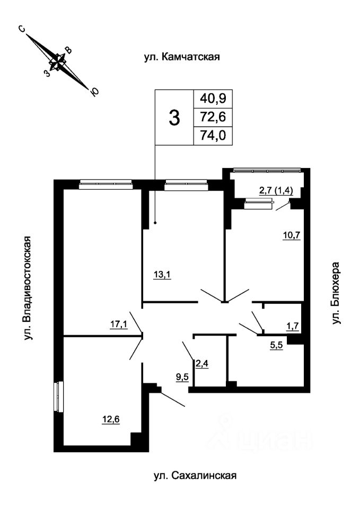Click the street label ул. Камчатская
pyautogui.click(x=182, y=57)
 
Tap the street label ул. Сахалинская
pyautogui.click(x=195, y=476)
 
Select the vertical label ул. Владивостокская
pyautogui.click(x=28, y=288)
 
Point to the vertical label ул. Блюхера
pyautogui.click(x=336, y=293)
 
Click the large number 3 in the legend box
pyautogui.click(x=174, y=118)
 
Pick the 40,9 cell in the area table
pyautogui.click(x=213, y=98)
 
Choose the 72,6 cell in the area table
pyautogui.click(x=213, y=117)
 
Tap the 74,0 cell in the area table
pyautogui.click(x=213, y=135)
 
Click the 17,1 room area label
pyautogui.click(x=118, y=324)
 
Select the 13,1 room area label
pyautogui.click(x=162, y=275)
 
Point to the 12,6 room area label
pyautogui.click(x=111, y=419)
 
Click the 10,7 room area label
pyautogui.click(x=292, y=235)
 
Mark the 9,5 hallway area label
pyautogui.click(x=182, y=378)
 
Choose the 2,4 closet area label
pyautogui.click(x=201, y=364)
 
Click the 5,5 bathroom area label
pyautogui.click(x=277, y=345)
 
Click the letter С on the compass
pyautogui.click(x=22, y=29)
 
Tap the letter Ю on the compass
pyautogui.click(x=94, y=92)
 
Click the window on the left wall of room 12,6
pyautogui.click(x=59, y=397)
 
